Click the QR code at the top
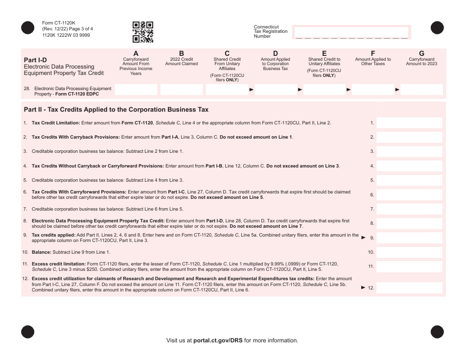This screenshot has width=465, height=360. tap(143, 32)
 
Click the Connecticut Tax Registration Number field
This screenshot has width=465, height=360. tap(351, 32)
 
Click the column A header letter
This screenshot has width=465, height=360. tap(136, 53)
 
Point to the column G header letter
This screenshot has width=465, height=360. tap(421, 53)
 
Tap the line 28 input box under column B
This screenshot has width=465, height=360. tap(182, 90)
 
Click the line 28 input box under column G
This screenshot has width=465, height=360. tap(421, 90)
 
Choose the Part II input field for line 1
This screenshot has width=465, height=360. tap(409, 123)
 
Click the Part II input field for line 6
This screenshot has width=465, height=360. tap(409, 194)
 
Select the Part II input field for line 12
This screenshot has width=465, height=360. tap(409, 288)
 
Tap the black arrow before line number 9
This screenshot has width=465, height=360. tap(363, 238)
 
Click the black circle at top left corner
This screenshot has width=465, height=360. tap(28, 28)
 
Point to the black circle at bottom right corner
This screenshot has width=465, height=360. tap(437, 332)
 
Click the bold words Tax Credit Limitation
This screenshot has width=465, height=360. tap(54, 123)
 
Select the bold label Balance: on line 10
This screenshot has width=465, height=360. tap(42, 252)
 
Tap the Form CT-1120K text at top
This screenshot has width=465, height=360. tap(59, 23)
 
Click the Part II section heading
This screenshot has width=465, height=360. tap(116, 110)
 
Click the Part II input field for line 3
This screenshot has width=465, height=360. tap(409, 151)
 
